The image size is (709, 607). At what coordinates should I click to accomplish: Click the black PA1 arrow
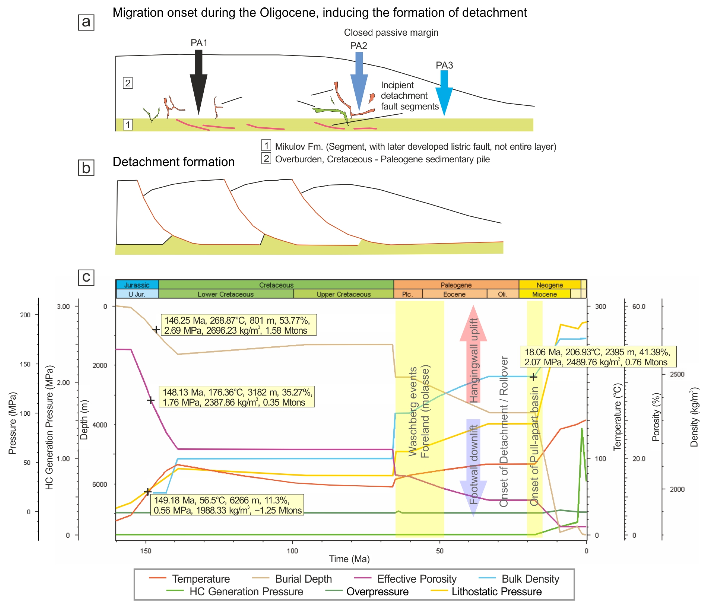pos(199,82)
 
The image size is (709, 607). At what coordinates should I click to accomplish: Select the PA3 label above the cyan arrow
pos(444,65)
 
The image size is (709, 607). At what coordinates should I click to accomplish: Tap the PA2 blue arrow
pos(359,82)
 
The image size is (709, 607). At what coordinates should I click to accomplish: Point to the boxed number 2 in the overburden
pos(128,83)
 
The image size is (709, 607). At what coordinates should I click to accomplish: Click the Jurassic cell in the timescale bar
pos(137,285)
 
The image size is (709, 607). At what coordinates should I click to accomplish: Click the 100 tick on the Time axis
pos(292,550)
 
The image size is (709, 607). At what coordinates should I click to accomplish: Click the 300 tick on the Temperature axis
pos(600,306)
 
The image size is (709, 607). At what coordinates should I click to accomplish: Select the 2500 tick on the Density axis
pos(677,374)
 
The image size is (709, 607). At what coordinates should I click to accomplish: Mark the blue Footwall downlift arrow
pos(473,467)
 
